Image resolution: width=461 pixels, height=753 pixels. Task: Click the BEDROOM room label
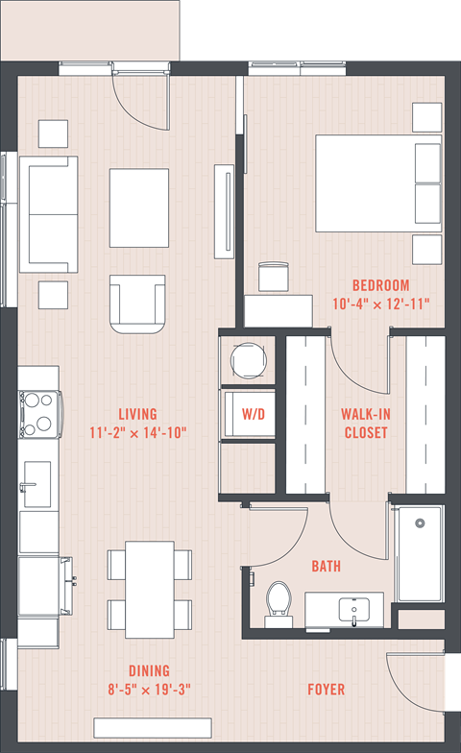(380, 285)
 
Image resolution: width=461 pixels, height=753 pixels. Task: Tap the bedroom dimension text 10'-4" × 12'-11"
(380, 304)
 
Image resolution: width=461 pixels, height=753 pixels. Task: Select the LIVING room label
(138, 414)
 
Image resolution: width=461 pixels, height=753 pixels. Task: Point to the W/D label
(254, 414)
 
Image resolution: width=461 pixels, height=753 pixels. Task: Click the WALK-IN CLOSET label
(366, 423)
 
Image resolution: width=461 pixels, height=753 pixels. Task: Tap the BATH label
(327, 567)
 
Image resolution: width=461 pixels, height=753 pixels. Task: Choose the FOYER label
(327, 690)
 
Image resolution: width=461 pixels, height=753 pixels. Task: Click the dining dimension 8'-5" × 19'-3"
(150, 690)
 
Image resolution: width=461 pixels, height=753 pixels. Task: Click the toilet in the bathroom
(279, 603)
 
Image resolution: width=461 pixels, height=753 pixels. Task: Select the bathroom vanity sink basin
(353, 610)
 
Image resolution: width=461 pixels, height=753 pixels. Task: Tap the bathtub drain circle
(421, 522)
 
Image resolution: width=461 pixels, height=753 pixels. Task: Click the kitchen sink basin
(37, 484)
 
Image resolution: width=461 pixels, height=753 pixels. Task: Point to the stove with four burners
(39, 414)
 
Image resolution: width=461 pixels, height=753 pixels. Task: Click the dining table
(150, 590)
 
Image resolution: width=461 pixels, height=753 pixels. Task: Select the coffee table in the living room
(139, 207)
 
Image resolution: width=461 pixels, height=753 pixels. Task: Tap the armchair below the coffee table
(138, 304)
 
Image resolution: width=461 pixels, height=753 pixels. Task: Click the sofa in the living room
(48, 214)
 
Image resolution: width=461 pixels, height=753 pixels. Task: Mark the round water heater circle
(248, 360)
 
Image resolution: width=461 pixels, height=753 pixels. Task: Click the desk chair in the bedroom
(274, 277)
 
